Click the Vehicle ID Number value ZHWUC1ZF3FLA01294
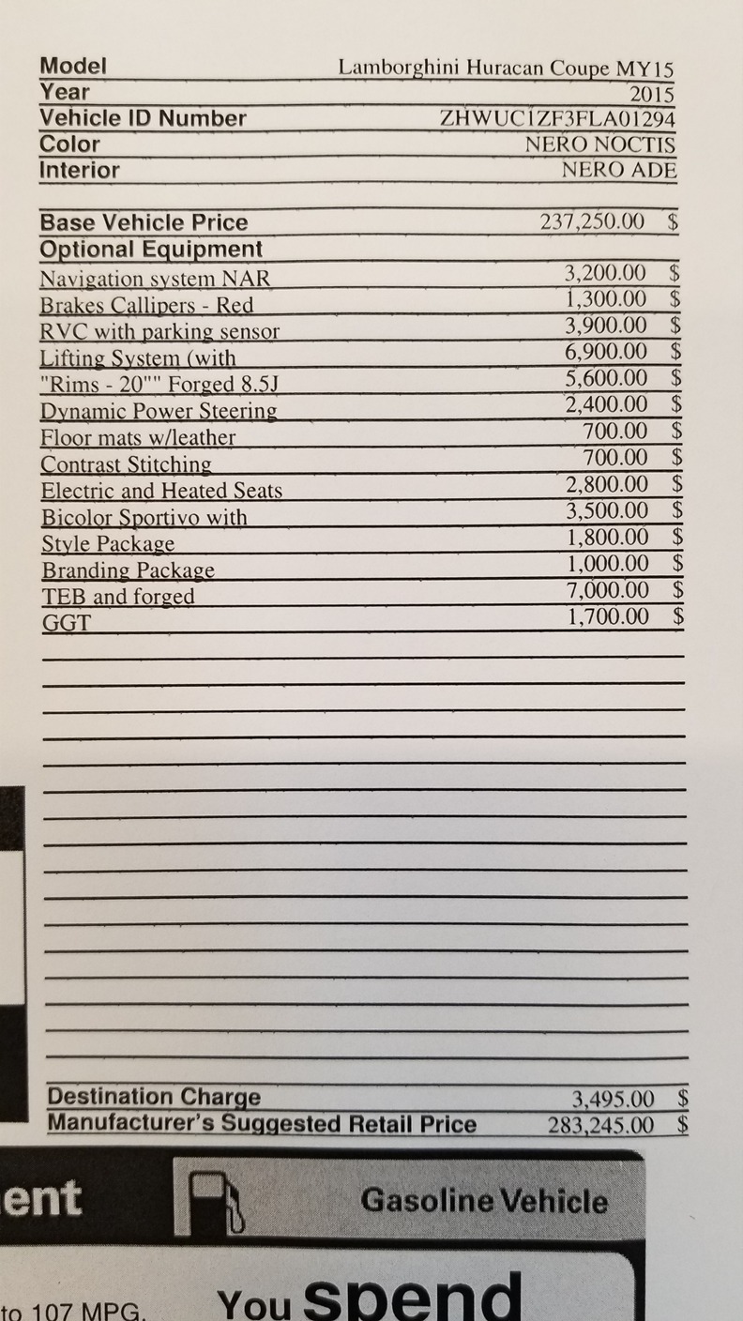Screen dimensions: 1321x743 tap(557, 119)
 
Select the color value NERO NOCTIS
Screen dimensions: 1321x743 tap(599, 145)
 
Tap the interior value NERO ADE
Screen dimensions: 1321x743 tap(618, 171)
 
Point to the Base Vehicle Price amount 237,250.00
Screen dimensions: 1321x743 tap(593, 222)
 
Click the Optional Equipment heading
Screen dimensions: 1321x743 tap(151, 250)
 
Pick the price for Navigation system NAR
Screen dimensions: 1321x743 tap(605, 273)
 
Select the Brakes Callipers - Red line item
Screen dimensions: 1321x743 tap(146, 306)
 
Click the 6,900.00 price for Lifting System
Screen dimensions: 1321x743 tap(606, 352)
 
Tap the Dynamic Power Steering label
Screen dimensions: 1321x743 tap(159, 411)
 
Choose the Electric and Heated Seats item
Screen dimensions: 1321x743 tap(161, 491)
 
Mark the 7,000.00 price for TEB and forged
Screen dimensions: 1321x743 tap(607, 590)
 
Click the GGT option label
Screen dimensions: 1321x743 tap(66, 623)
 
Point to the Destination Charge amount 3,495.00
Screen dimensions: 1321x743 tap(613, 1098)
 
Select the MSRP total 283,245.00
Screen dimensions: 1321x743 tap(601, 1124)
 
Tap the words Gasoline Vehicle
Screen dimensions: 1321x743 tap(484, 1201)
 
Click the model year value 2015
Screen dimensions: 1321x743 tap(651, 94)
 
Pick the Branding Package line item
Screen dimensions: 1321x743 tap(128, 570)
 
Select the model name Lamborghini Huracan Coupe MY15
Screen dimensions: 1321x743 tap(506, 68)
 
